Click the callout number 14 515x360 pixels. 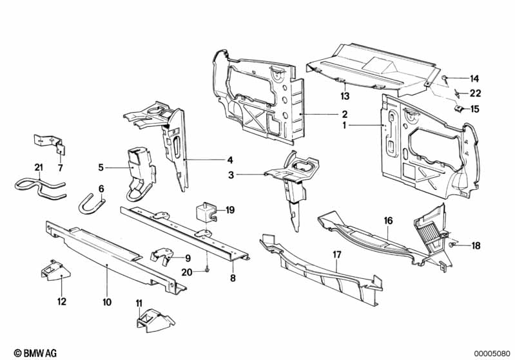coord(474,79)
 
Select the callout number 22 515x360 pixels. coord(474,93)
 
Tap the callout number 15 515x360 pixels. coord(474,109)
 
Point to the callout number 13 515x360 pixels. coord(345,96)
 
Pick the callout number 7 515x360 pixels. coord(61,168)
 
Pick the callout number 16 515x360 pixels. coord(388,220)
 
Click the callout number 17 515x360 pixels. coord(336,254)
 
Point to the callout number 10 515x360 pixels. coord(107,301)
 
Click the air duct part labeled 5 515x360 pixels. coord(138,169)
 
